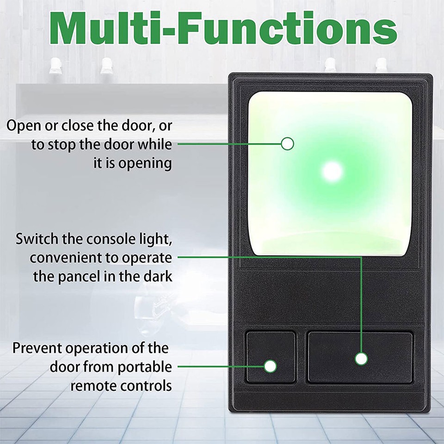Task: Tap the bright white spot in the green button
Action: coord(332,172)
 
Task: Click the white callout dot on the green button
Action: coord(287,144)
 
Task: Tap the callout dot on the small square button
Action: coord(271,366)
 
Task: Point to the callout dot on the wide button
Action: coord(361,358)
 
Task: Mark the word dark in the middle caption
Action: coord(156,277)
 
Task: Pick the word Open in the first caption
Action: coord(23,126)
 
